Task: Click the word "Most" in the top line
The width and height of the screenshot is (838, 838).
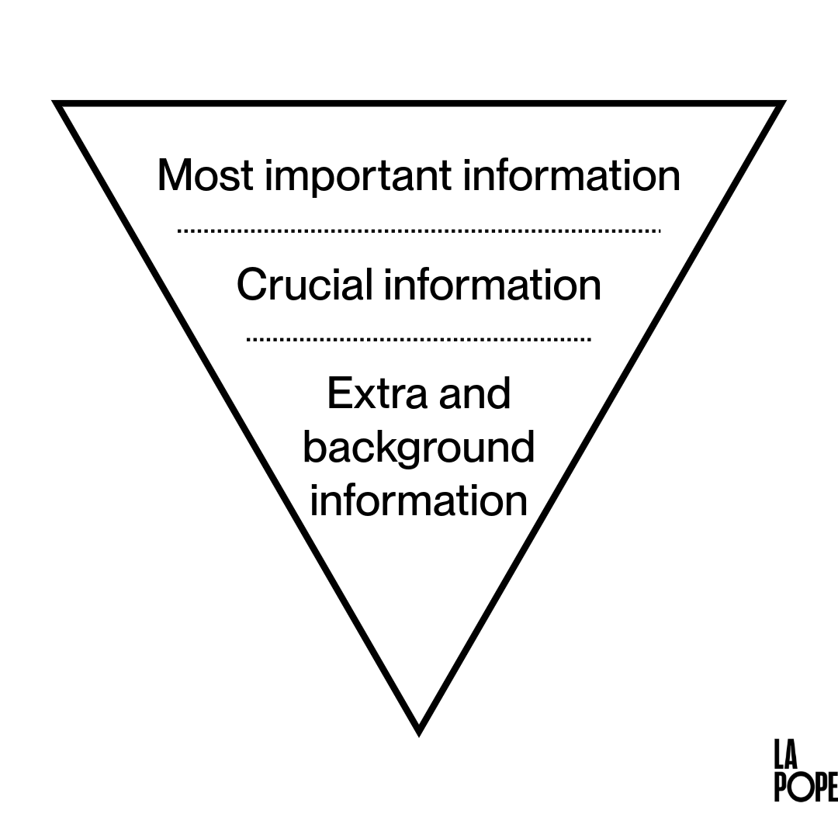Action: pos(205,175)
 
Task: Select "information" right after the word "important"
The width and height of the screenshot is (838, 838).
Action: pos(571,175)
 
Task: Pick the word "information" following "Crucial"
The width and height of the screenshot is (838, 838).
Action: pos(493,284)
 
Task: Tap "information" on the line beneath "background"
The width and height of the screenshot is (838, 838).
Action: pos(418,500)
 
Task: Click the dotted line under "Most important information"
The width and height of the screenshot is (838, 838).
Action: pos(419,230)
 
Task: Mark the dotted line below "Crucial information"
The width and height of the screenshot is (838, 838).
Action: pos(419,339)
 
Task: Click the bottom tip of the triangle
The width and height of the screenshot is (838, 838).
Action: pos(419,730)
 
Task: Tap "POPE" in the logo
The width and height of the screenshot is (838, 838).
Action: pos(805,787)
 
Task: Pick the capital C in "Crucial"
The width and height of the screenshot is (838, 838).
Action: pos(252,284)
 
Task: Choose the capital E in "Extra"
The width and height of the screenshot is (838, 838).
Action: pos(338,393)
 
